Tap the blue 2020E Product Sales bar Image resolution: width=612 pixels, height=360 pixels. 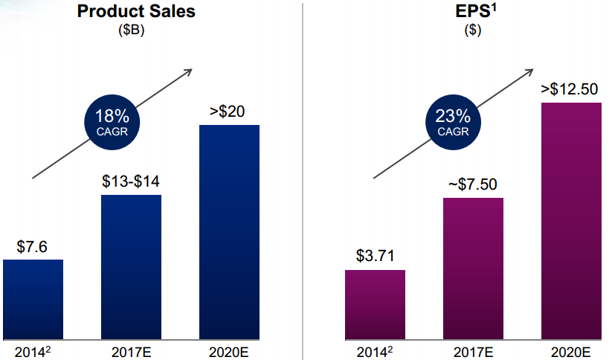(x=229, y=231)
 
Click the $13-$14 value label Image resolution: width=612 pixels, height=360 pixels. (x=131, y=181)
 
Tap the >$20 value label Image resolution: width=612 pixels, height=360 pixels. (x=228, y=112)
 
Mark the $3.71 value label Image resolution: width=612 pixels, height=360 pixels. (x=375, y=257)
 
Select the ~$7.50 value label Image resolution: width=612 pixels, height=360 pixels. (x=472, y=184)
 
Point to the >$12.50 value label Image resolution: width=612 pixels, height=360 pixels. (x=570, y=89)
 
